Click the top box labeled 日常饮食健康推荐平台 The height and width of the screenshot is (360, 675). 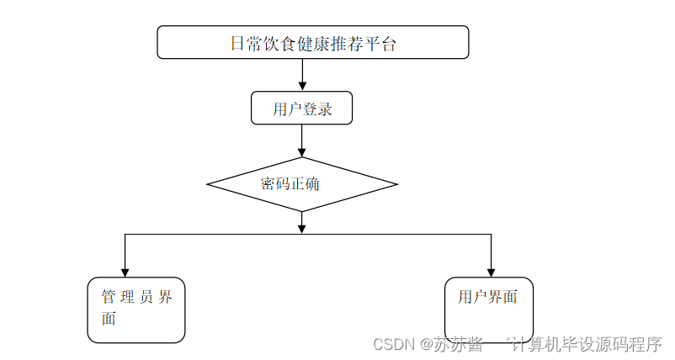312,42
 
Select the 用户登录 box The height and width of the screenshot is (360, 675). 301,109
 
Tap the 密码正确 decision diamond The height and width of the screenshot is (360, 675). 301,183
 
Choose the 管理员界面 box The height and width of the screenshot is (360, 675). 136,310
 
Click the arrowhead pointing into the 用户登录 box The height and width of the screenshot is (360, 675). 301,86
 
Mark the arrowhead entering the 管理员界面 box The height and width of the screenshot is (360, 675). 125,272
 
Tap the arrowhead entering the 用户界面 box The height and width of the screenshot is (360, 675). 491,272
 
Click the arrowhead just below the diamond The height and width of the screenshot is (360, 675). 301,228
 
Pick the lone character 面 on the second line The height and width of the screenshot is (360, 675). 109,319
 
